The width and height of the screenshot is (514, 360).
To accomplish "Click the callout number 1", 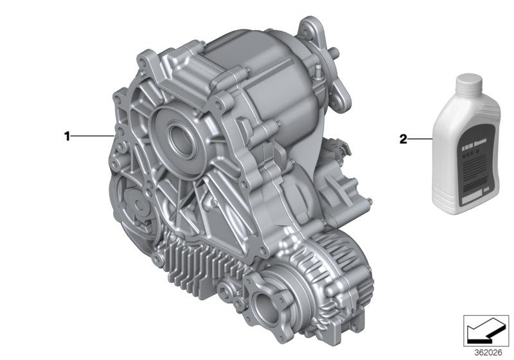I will (x=66, y=136).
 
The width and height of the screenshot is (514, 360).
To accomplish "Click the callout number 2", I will (x=403, y=138).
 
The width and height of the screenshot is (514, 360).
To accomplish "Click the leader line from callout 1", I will (x=93, y=136).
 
